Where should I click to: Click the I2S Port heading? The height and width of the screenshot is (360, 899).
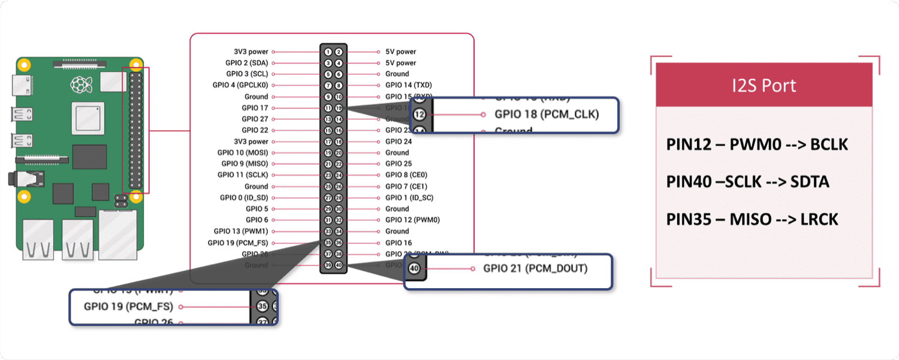pos(764,85)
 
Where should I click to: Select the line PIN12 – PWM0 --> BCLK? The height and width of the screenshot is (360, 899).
pos(757,145)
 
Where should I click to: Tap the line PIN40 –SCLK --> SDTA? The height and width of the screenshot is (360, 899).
pos(747,181)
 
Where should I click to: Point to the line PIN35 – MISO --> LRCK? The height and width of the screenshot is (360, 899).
pos(752,219)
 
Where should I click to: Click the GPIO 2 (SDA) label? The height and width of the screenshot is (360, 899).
pos(247,63)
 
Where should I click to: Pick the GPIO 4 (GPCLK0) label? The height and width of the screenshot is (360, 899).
pos(240,85)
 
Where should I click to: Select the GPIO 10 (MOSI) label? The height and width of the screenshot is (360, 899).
pos(243,153)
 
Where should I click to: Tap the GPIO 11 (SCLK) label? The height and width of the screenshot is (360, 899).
pos(243,175)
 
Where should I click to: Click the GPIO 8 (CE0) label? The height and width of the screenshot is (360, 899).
pos(406,175)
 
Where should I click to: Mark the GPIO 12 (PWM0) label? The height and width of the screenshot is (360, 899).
pos(412,220)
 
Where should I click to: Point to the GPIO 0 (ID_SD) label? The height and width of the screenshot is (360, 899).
pos(244,198)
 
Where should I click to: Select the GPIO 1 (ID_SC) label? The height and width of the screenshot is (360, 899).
pos(409,198)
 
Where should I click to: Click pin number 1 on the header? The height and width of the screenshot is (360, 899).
pos(328,52)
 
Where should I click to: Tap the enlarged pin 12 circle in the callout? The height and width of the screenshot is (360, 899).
pos(420,114)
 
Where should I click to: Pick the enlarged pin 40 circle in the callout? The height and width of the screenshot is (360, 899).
pos(414,268)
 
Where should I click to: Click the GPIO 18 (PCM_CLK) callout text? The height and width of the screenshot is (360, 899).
pos(546,114)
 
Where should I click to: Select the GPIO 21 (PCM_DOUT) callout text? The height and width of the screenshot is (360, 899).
pos(535,268)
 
